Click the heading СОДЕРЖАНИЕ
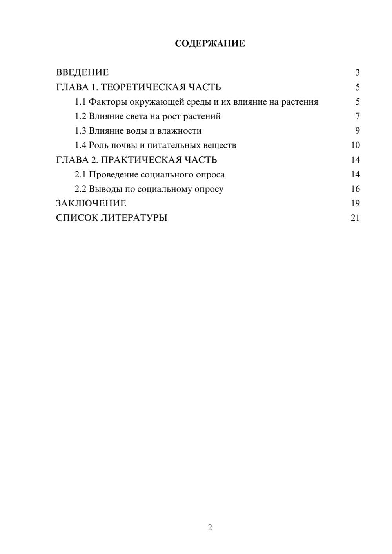coord(210,43)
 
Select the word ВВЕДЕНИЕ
coord(82,72)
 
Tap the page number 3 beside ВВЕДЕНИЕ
coord(357,72)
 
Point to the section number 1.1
coord(80,102)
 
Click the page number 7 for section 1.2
coord(357,116)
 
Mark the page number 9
coord(357,131)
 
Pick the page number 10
coord(355,145)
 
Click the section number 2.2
coord(80,189)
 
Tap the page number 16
coord(355,189)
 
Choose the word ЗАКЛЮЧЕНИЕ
coord(91,203)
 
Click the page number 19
coord(355,203)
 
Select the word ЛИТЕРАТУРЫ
coord(134,218)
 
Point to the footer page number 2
coord(210,527)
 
